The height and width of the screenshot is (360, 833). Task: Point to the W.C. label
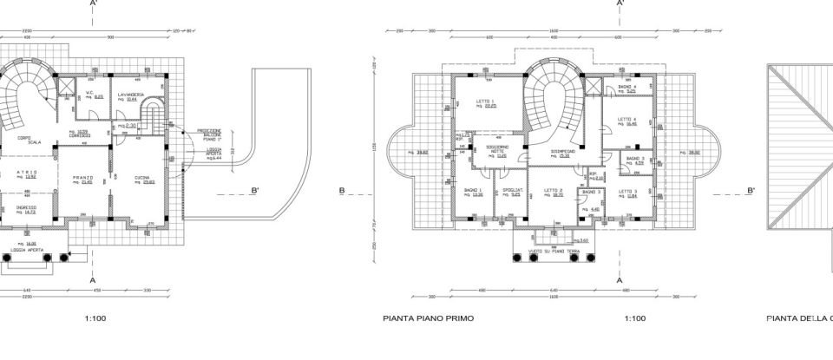click(x=89, y=93)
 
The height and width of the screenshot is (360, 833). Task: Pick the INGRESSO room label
click(x=26, y=207)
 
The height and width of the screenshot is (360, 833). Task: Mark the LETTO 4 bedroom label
click(x=627, y=119)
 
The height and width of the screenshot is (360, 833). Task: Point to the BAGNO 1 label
click(x=473, y=190)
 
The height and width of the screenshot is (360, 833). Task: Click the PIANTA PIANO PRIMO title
click(x=428, y=318)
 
